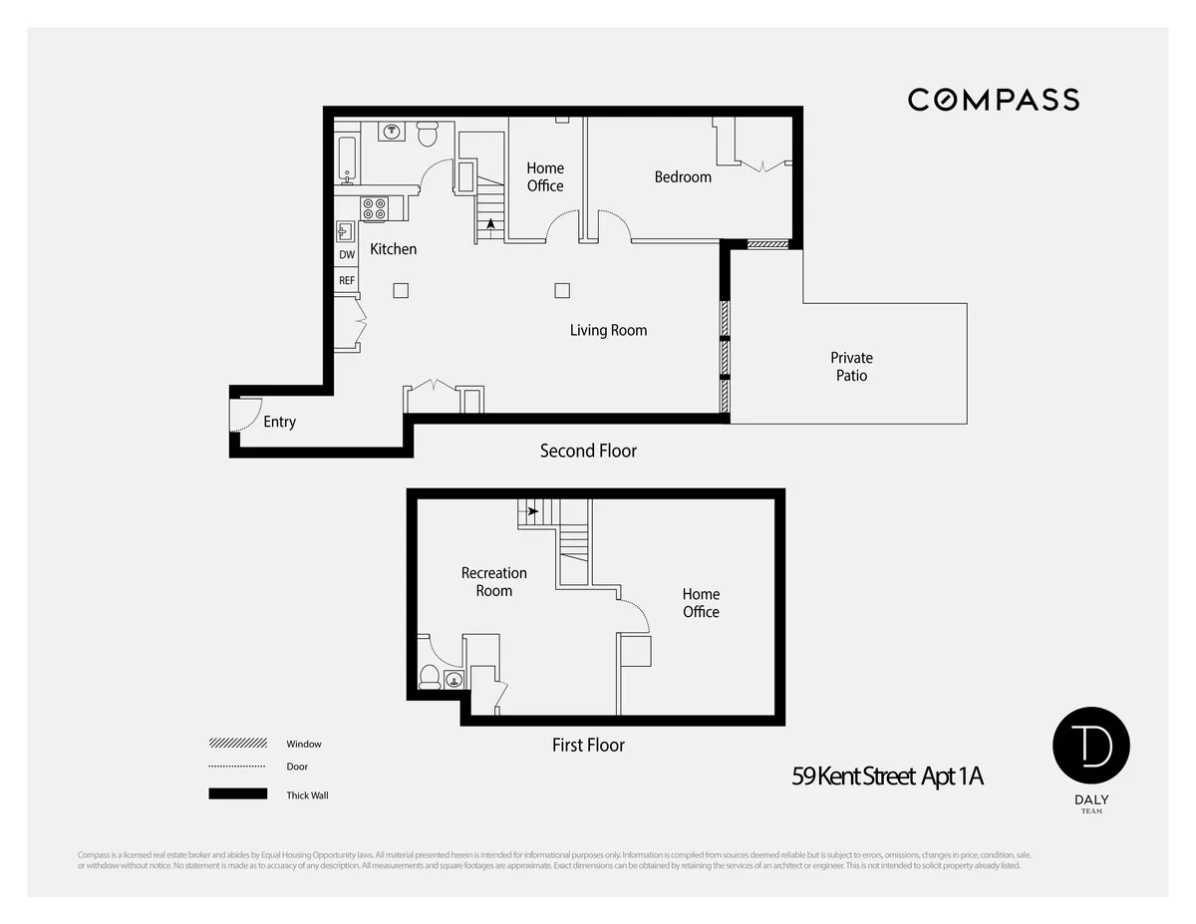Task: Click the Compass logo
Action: point(993,100)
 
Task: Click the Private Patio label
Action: point(851,366)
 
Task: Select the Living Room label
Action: point(608,330)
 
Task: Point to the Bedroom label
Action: point(683,176)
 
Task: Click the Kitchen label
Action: point(394,248)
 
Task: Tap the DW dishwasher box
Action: point(347,255)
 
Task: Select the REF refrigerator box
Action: point(347,281)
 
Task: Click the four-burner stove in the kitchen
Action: point(374,209)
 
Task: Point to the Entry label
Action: point(279,422)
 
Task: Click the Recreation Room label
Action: point(493,581)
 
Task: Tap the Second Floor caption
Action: point(588,451)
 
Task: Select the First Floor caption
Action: point(588,745)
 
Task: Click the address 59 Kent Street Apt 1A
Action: point(887,776)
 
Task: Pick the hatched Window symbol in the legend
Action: point(238,744)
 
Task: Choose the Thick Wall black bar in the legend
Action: point(238,794)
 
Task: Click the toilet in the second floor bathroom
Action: point(428,133)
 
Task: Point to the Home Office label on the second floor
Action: point(545,176)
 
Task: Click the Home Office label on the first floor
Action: point(701,603)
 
